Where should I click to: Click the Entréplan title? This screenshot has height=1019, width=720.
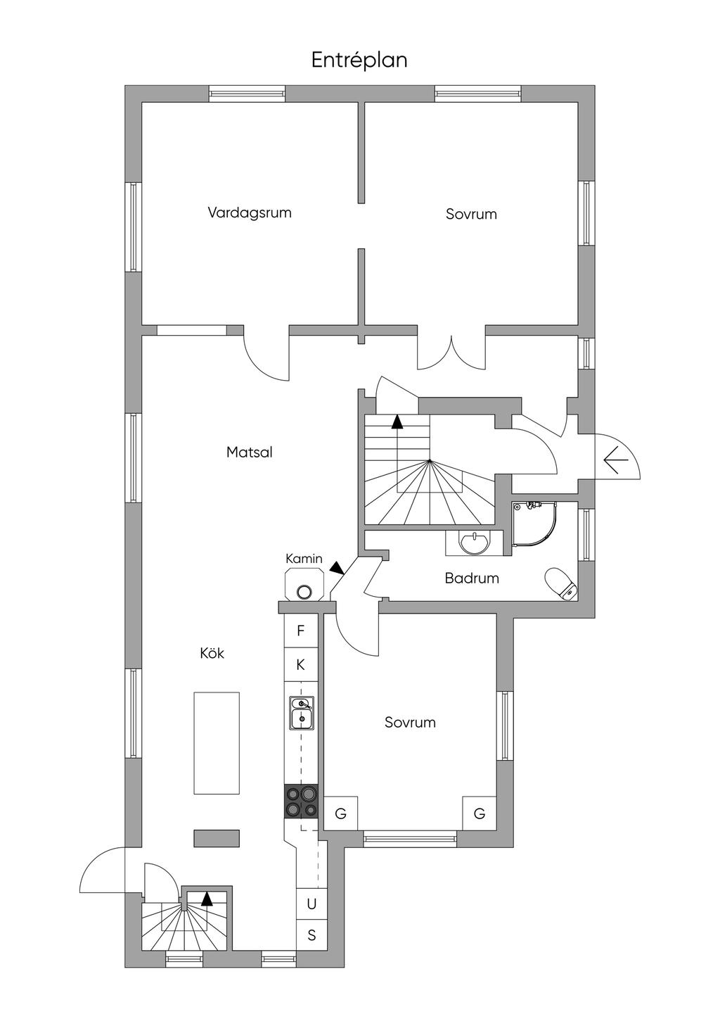359,61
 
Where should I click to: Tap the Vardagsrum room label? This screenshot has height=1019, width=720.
250,213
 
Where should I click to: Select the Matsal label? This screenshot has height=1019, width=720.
250,452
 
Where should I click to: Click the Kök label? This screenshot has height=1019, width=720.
212,653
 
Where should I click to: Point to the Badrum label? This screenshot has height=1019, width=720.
472,578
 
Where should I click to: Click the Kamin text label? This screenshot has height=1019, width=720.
304,559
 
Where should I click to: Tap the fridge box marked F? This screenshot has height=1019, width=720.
301,631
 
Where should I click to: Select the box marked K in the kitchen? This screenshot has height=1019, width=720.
301,664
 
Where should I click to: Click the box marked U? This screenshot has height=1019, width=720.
311,904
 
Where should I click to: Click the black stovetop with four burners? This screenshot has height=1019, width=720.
301,802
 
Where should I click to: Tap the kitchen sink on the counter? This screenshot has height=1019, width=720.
302,711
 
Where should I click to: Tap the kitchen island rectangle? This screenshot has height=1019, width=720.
217,742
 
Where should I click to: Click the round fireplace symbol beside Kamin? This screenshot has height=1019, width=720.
304,592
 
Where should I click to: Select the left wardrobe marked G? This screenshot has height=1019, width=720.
341,814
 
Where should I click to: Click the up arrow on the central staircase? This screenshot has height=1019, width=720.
398,422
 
